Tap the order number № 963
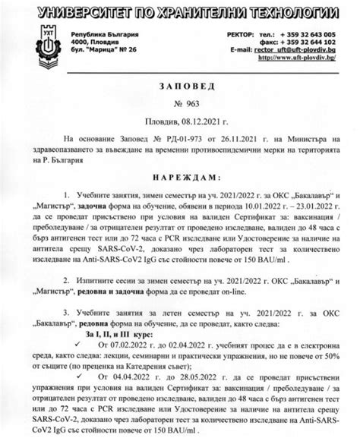click(x=180, y=104)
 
